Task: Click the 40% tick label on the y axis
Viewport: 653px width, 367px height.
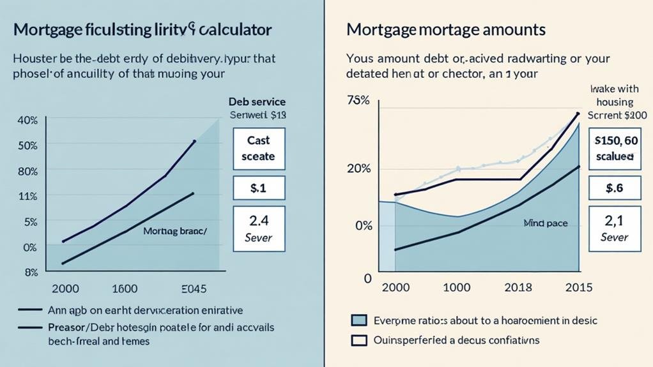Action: (28, 120)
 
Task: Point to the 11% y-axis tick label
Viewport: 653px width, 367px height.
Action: (28, 197)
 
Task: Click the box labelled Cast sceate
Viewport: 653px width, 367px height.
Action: (259, 148)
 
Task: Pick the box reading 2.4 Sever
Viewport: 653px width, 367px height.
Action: (259, 229)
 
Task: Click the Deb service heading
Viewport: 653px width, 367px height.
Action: (257, 101)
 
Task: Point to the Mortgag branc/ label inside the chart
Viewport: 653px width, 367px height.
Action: (175, 231)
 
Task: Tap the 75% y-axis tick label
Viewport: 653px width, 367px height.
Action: (358, 100)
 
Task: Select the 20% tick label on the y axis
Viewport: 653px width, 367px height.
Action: (358, 169)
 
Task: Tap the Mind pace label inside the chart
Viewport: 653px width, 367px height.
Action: (545, 223)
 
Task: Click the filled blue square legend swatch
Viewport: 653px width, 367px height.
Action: (360, 320)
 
